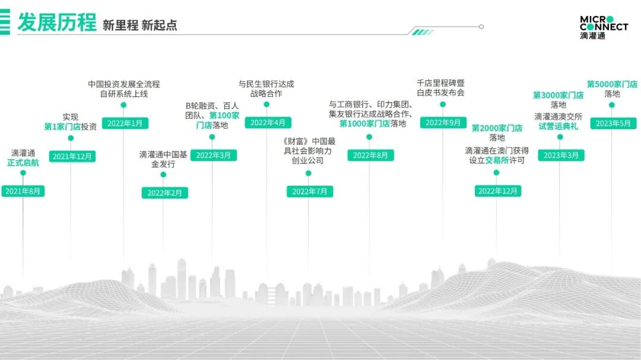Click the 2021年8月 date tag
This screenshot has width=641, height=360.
click(23, 191)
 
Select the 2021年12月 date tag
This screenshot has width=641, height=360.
click(72, 157)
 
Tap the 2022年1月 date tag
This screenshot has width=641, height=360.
click(125, 123)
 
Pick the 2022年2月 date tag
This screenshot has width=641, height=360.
click(164, 193)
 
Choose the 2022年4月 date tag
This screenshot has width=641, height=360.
click(268, 123)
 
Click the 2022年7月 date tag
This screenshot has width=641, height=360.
click(309, 192)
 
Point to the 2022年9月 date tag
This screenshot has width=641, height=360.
click(443, 123)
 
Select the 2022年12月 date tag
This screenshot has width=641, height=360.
click(497, 191)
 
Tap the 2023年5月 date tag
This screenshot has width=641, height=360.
click(613, 123)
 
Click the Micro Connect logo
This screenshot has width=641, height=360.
click(603, 27)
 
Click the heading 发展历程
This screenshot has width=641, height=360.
click(56, 23)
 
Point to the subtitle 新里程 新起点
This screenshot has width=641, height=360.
click(139, 26)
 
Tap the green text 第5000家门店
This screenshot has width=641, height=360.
click(612, 84)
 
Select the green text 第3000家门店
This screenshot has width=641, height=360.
click(558, 95)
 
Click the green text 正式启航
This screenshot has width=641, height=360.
click(23, 163)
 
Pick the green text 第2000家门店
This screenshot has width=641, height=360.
click(497, 128)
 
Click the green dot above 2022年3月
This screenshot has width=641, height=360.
click(212, 137)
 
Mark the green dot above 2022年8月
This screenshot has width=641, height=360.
click(369, 137)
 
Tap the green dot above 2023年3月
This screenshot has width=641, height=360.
click(560, 137)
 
